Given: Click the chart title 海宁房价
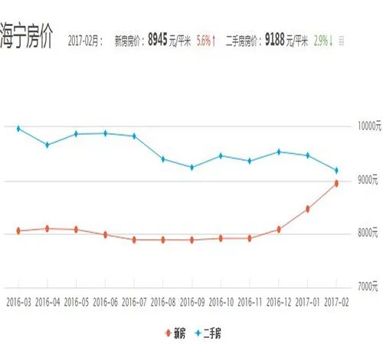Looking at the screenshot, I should coord(26,39).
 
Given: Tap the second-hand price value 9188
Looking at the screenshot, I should coord(275,39).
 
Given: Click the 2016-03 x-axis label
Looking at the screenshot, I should coord(18,303).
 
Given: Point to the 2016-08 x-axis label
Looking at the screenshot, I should coord(162,303).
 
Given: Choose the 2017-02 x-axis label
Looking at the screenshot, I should coord(336,303).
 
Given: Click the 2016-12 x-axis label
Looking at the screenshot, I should coord(278,303).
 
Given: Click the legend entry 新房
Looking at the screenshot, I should coord(175,334).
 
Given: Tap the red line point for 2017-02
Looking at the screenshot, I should coord(336,183).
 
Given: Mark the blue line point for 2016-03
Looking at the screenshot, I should coord(18,129).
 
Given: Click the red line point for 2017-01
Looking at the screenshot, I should coord(307,208).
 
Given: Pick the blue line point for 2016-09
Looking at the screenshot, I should coord(191,167).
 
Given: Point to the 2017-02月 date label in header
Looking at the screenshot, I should coord(85,41).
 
